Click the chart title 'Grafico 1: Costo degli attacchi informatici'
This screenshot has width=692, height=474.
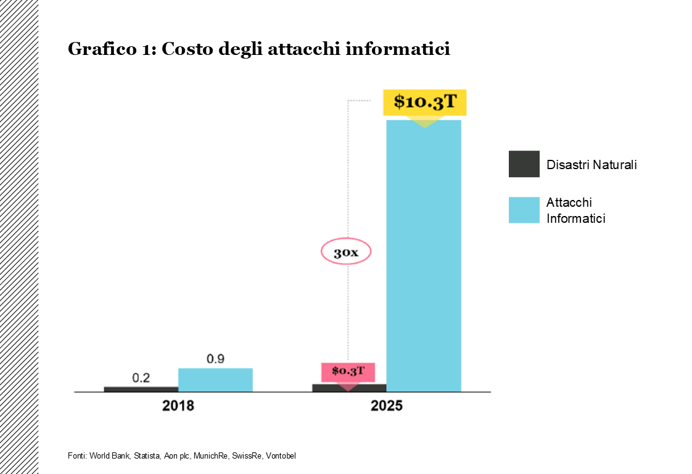[258, 49]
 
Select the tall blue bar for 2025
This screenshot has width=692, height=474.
[424, 259]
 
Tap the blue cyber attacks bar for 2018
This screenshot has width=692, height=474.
[215, 380]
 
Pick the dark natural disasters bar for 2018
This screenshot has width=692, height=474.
[141, 389]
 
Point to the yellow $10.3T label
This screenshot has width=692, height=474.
[425, 102]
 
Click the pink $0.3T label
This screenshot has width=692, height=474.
[348, 372]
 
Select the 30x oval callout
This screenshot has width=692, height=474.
[346, 252]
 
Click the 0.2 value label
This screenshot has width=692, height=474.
[141, 378]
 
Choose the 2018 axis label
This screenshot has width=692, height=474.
[178, 406]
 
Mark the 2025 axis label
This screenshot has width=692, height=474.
[387, 406]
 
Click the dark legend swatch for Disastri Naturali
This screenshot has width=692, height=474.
[524, 164]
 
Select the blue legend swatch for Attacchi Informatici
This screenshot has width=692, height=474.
[524, 210]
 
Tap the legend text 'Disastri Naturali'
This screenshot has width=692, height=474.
[591, 165]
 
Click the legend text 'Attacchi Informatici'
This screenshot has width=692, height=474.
[575, 210]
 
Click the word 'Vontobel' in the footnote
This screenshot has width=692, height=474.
[281, 455]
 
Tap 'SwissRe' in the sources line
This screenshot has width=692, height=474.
[247, 455]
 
